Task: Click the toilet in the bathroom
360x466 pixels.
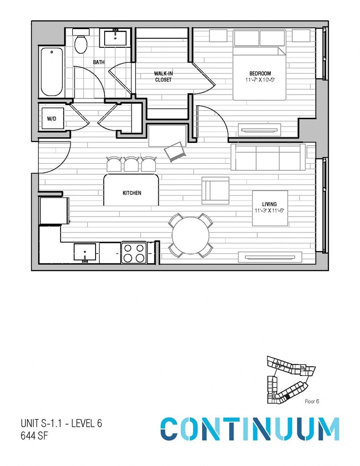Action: (81, 43)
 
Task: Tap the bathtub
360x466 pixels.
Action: (51, 71)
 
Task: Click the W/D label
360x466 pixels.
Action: (51, 119)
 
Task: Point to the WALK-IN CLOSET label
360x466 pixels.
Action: (163, 76)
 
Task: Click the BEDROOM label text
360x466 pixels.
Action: (260, 74)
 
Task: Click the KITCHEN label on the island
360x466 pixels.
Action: (132, 193)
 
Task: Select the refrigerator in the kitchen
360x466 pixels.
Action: (53, 211)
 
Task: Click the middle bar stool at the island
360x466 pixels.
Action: (132, 164)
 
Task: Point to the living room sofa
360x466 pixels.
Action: (268, 157)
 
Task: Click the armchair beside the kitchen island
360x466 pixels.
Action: (215, 190)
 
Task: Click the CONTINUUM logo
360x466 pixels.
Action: (250, 429)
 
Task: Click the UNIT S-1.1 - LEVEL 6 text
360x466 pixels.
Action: (61, 423)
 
